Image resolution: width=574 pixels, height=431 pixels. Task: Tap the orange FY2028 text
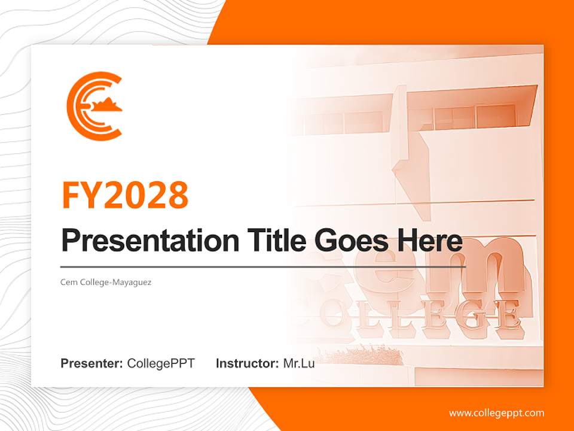point(125,195)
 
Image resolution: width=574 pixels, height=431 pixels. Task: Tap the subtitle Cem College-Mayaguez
point(106,282)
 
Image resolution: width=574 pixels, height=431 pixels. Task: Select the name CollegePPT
point(161,363)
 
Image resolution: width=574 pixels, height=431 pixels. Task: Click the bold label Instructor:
point(247,363)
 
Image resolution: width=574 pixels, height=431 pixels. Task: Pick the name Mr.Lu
point(299,363)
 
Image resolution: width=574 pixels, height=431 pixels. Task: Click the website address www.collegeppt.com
point(496,412)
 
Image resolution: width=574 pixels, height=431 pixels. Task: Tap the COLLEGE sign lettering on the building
point(419,314)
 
